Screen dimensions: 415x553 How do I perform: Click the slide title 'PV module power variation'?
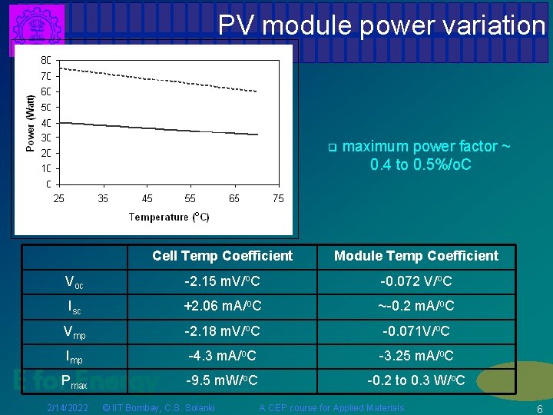pos(381,25)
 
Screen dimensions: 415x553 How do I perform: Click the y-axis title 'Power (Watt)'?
pos(31,123)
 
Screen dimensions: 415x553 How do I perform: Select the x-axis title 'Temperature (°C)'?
pos(169,217)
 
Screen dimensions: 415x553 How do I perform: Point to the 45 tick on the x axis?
pos(147,198)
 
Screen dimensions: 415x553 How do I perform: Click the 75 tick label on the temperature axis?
pos(278,198)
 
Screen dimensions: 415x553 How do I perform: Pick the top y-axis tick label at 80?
pos(46,60)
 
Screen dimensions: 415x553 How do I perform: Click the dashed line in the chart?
pos(154,78)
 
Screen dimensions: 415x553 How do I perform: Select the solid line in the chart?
pos(154,128)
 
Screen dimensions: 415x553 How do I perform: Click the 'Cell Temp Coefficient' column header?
pos(222,256)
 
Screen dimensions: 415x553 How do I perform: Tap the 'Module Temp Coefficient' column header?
pos(416,256)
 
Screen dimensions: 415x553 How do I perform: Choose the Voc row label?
pos(74,281)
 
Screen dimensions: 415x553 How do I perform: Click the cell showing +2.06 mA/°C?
pos(222,306)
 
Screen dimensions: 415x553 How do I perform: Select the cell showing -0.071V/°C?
pos(416,331)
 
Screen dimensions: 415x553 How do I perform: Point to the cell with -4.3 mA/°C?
pos(222,356)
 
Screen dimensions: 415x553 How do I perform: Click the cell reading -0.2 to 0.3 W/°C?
pos(416,380)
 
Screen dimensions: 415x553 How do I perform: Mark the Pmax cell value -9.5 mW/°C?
pos(222,380)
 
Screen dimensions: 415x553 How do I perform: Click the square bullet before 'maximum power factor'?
pos(332,147)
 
